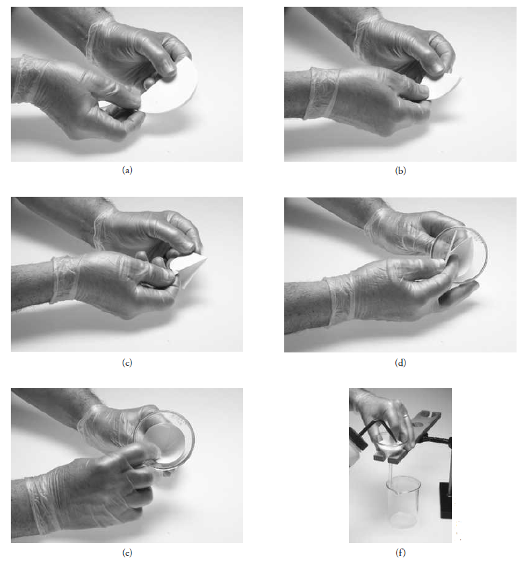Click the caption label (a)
coord(127,170)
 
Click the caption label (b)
coord(400,170)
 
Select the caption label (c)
coord(127,363)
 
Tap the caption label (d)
coord(400,363)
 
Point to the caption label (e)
coord(127,553)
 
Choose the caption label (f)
coord(400,553)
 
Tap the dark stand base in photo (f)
coord(445,500)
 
